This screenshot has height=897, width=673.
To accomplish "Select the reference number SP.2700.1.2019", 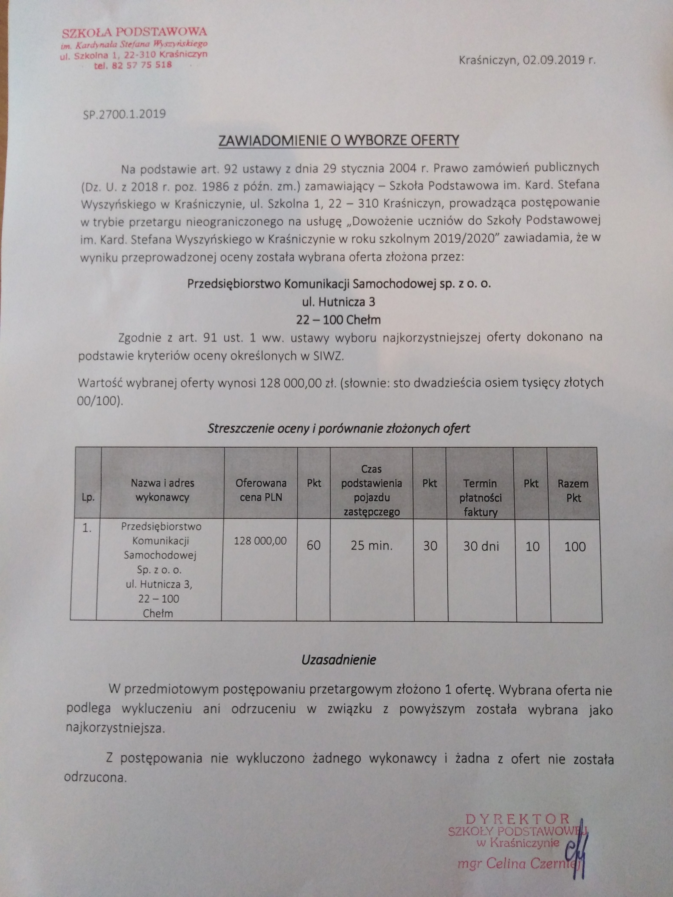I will click(124, 114).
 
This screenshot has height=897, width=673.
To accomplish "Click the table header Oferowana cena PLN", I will click(261, 490).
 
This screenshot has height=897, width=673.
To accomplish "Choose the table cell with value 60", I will click(314, 545).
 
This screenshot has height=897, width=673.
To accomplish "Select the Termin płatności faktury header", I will click(480, 498).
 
